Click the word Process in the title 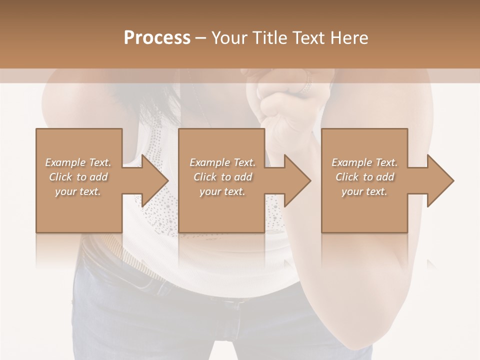tap(157, 38)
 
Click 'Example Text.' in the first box tap(78, 162)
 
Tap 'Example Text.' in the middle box tap(222, 162)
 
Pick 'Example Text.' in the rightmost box tap(364, 162)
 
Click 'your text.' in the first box tap(78, 191)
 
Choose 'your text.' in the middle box tap(222, 191)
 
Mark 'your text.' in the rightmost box tap(364, 191)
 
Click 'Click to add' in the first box tap(78, 177)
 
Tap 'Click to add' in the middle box tap(222, 177)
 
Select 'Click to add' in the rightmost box tap(364, 177)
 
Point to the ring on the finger tap(306, 82)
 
